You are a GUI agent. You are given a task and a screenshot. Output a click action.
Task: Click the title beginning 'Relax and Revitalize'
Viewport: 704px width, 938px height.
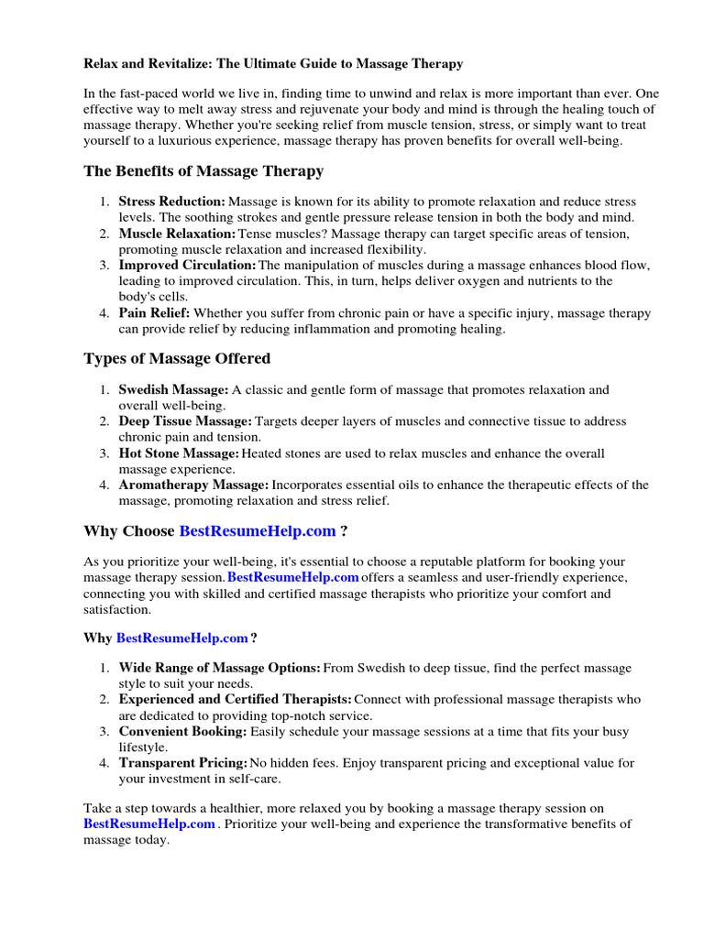click(273, 64)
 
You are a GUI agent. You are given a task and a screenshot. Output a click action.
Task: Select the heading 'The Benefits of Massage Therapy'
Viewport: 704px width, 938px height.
click(203, 171)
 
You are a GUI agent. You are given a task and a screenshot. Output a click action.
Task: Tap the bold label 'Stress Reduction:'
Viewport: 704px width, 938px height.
click(171, 202)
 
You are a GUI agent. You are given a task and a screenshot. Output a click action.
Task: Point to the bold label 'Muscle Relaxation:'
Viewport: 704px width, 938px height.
click(177, 234)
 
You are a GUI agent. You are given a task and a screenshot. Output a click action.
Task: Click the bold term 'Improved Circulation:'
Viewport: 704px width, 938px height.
click(187, 266)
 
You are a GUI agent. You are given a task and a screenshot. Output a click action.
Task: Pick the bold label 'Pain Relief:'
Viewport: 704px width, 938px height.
click(154, 313)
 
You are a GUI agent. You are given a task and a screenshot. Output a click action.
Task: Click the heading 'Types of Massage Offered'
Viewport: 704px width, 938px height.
click(177, 358)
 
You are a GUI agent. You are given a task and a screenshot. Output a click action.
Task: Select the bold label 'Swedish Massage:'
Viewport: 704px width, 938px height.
click(173, 389)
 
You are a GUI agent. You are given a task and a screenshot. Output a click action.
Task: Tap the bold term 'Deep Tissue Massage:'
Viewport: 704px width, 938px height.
click(185, 421)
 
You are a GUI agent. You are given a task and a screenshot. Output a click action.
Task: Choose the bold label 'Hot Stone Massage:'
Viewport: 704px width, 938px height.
click(179, 453)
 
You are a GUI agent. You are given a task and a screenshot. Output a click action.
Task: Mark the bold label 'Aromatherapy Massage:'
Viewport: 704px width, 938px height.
click(193, 485)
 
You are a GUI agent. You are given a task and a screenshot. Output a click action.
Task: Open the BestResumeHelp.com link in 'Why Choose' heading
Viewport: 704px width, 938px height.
click(258, 530)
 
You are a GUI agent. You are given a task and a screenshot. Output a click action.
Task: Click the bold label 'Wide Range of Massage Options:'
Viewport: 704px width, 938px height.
click(220, 669)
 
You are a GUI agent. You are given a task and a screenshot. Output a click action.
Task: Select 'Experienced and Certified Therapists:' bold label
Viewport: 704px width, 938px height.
click(235, 700)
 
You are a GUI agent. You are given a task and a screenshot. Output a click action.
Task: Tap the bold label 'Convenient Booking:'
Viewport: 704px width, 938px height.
click(182, 732)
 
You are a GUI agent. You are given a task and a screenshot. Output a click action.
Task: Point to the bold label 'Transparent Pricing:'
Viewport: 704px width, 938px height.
click(183, 763)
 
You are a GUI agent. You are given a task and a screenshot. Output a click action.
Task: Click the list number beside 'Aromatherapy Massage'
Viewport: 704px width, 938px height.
click(104, 485)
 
